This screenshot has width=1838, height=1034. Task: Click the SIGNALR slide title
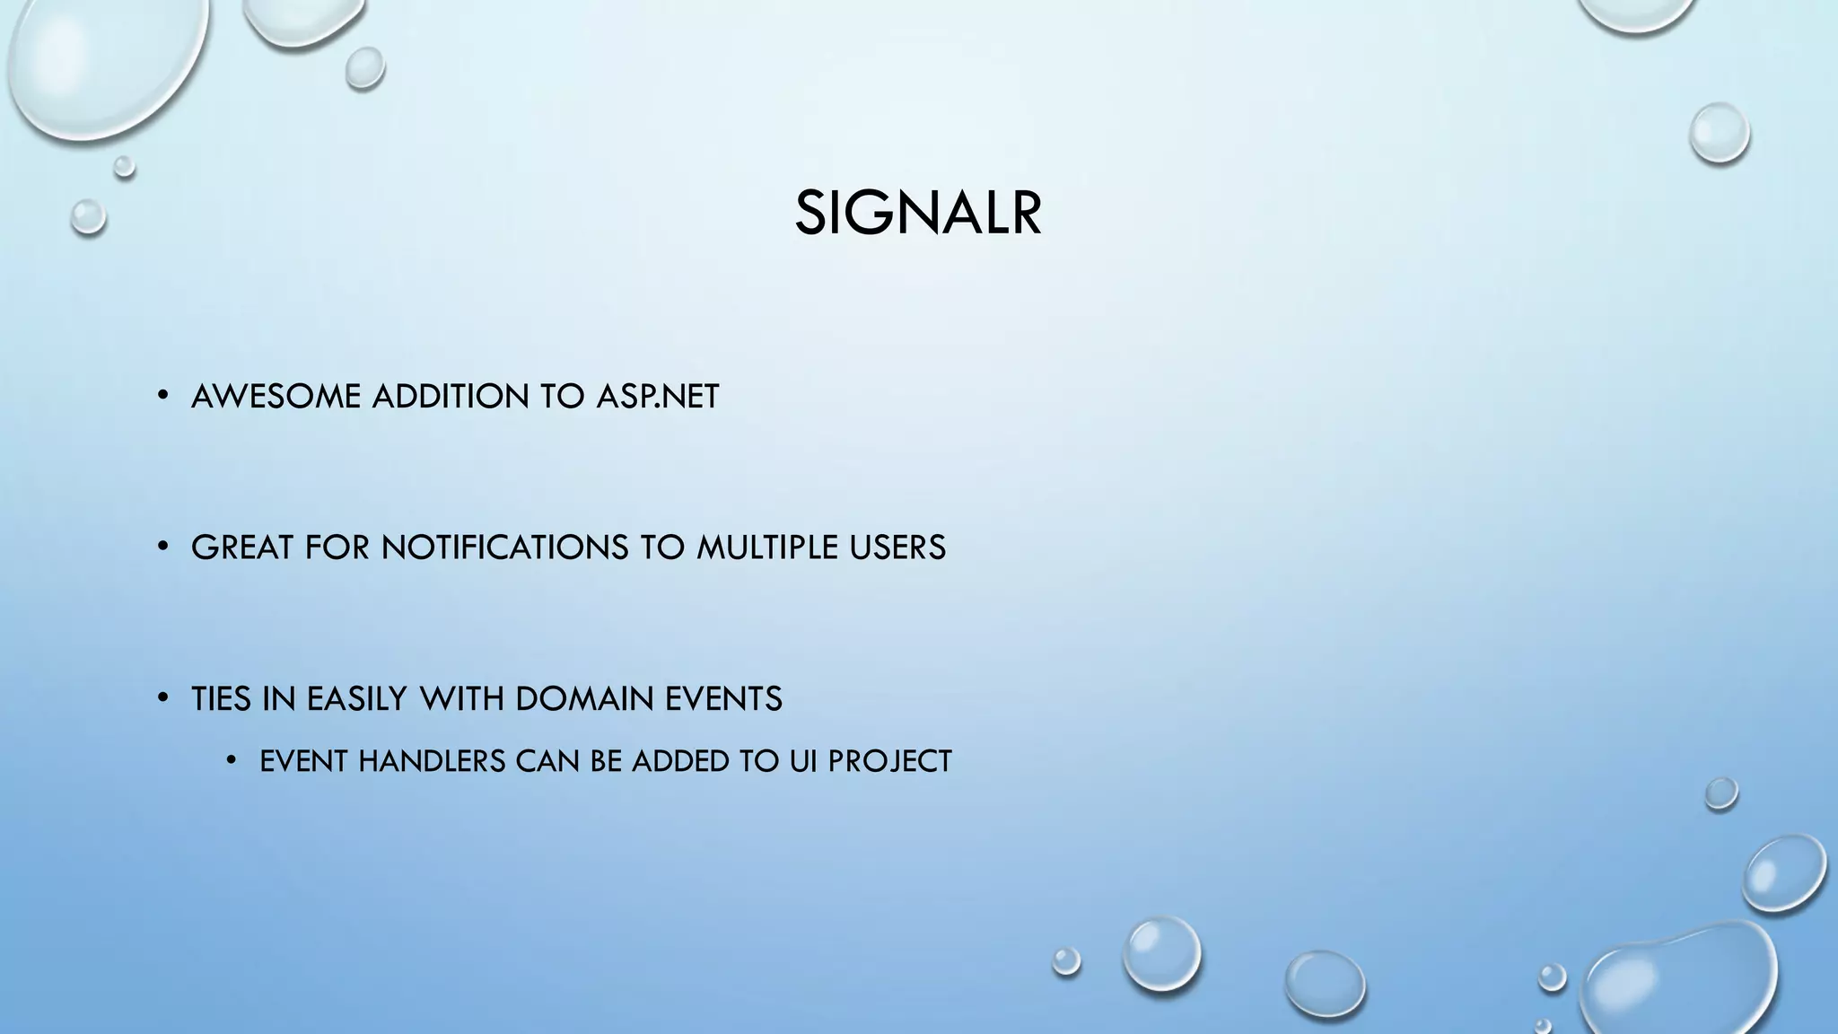[918, 215]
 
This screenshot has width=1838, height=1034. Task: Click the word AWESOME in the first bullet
[276, 397]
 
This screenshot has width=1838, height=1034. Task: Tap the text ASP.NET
[658, 397]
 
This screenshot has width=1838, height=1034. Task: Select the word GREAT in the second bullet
[241, 548]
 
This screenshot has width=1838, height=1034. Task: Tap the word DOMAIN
[584, 699]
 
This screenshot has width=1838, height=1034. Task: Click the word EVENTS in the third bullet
[723, 699]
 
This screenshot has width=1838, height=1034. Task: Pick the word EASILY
[356, 699]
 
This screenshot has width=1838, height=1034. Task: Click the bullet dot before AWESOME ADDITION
[162, 395]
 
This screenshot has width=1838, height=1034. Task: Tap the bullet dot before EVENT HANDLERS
[231, 760]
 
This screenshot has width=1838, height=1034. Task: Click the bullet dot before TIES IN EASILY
[162, 697]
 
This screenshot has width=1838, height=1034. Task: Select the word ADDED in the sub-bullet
[680, 761]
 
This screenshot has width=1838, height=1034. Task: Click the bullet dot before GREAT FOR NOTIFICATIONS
[162, 546]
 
